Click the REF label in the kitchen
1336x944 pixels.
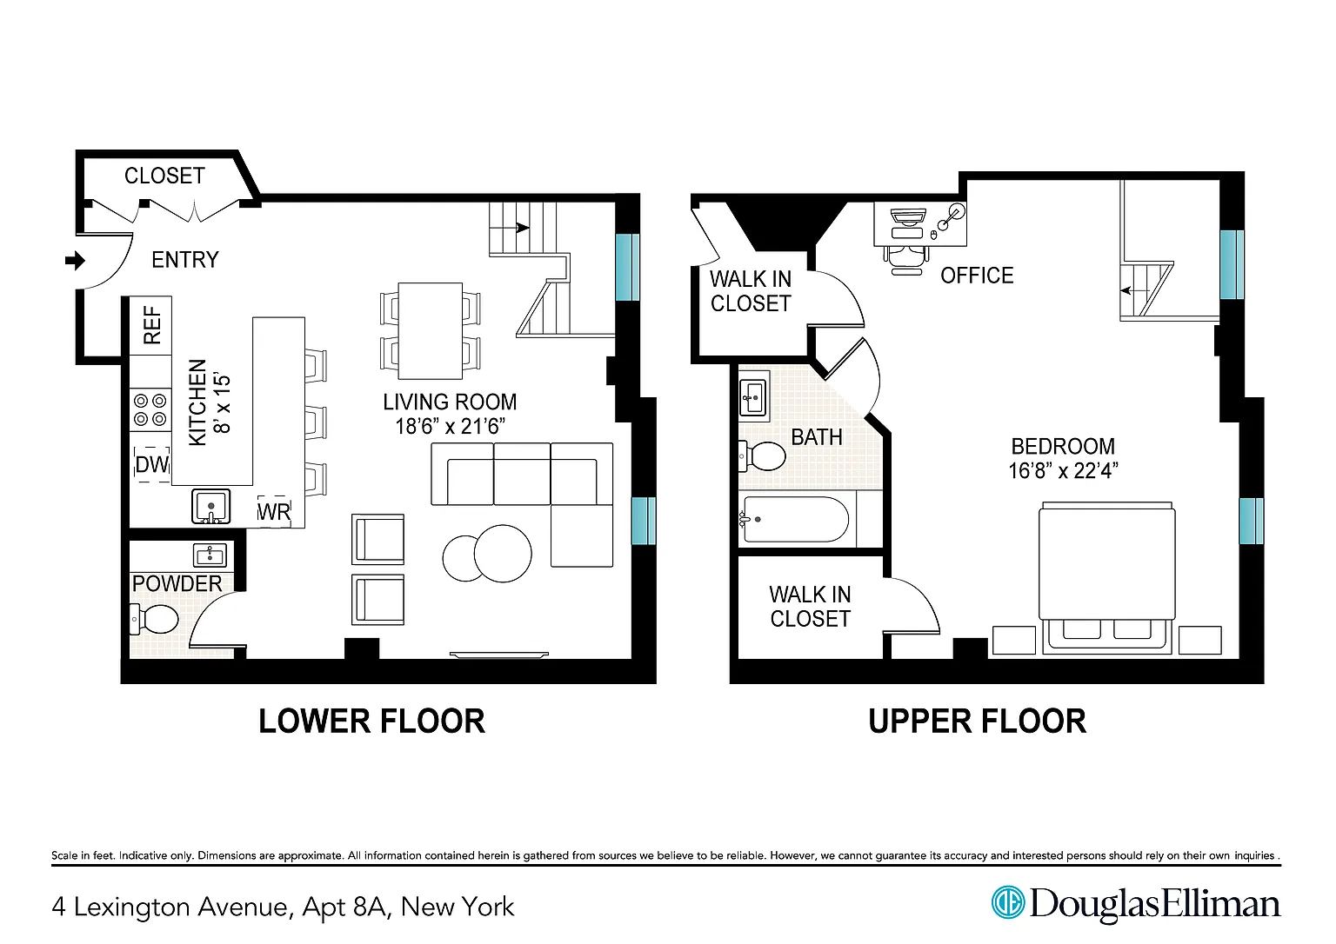[153, 325]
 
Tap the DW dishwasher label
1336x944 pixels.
[152, 464]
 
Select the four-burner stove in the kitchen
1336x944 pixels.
[150, 410]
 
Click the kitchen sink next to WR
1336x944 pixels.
[210, 507]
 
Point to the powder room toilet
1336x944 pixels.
[154, 619]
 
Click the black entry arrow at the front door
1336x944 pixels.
[75, 261]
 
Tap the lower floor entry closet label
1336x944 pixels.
[164, 176]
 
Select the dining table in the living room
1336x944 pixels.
[430, 331]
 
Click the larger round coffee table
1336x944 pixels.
[503, 554]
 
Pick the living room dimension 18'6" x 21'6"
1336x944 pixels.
[451, 427]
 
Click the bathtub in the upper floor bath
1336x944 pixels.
[796, 520]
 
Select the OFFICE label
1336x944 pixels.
[977, 276]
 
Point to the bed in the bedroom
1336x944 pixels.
[1107, 578]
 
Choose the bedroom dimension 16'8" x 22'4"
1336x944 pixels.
[1063, 471]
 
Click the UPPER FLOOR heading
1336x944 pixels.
[977, 721]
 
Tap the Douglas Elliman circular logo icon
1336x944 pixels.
[1008, 902]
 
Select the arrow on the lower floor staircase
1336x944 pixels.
[522, 228]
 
